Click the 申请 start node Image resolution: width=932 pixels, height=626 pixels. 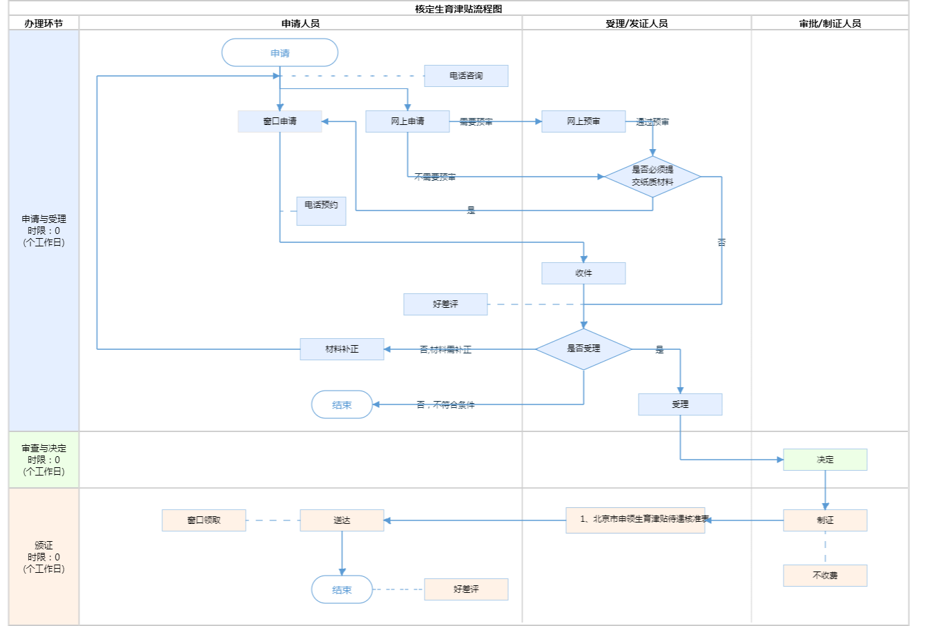pos(280,53)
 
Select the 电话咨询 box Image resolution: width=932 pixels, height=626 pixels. pos(466,76)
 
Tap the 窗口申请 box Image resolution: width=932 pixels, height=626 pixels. pos(280,121)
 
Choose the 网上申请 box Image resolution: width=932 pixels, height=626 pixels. pos(407,121)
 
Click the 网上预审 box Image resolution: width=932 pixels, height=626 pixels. pos(583,121)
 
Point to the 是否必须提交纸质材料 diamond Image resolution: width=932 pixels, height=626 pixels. pos(652,177)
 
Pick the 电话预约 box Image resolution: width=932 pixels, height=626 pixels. pos(321,211)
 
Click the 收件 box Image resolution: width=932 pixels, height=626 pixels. pos(583,273)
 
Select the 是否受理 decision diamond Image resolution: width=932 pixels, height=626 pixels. pos(583,349)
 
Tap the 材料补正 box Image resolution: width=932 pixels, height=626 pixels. pos(342,349)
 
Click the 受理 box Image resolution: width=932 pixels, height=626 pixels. pos(680,404)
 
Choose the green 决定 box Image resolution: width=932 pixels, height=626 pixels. pos(825,460)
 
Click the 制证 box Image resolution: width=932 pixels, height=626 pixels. pos(825,520)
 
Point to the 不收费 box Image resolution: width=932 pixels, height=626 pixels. pos(825,576)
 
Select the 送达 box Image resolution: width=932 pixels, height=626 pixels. pos(342,520)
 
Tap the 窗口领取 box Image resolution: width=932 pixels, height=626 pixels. pos(204,520)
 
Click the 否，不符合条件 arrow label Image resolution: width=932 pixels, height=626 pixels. pos(445,405)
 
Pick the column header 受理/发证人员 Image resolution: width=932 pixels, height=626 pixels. pos(637,23)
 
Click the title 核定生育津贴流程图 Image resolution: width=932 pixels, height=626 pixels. pos(458,9)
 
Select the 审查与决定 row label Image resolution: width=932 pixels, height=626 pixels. pos(43,460)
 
